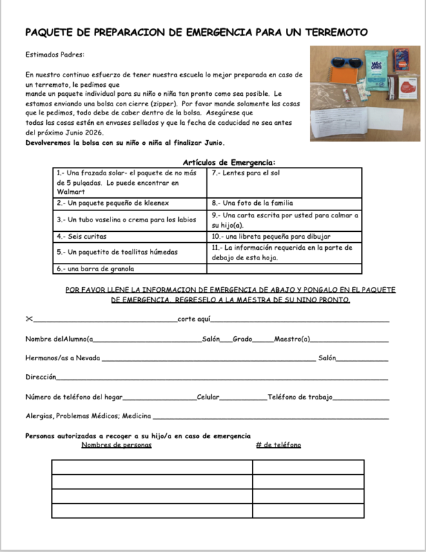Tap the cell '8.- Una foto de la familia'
pyautogui.click(x=253, y=204)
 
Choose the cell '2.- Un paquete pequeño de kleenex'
pyautogui.click(x=113, y=204)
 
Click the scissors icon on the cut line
pyautogui.click(x=29, y=319)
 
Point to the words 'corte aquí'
pyautogui.click(x=193, y=319)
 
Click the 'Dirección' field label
pyautogui.click(x=41, y=377)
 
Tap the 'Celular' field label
pyautogui.click(x=208, y=397)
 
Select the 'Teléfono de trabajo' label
pyautogui.click(x=300, y=397)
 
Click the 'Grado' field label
pyautogui.click(x=242, y=339)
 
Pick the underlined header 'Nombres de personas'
pyautogui.click(x=116, y=445)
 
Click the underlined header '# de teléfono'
pyautogui.click(x=278, y=445)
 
